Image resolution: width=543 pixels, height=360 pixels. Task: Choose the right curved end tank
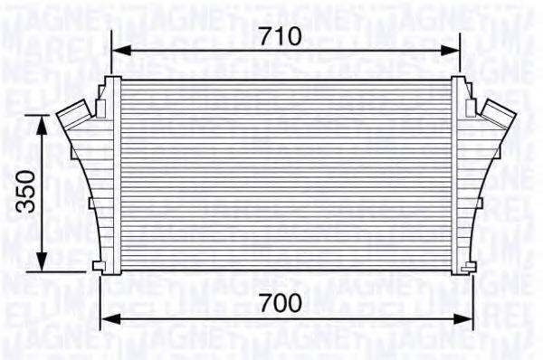tap(471, 190)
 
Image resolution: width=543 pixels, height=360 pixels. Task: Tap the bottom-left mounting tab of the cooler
tap(100, 265)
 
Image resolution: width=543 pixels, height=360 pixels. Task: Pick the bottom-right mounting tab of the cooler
tap(469, 265)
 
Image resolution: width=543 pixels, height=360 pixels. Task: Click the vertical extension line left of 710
tap(111, 54)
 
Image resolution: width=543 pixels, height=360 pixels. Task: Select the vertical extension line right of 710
tap(459, 54)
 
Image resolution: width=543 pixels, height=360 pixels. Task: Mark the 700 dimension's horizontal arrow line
tap(362, 318)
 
